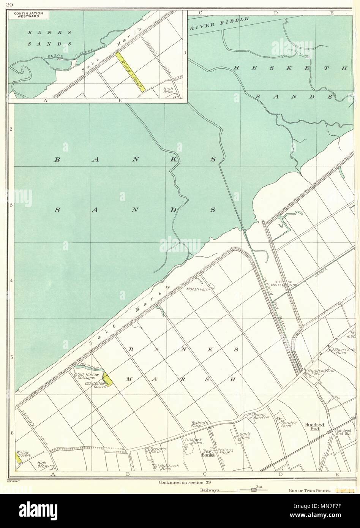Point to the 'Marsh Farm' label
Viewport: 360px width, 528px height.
point(196,289)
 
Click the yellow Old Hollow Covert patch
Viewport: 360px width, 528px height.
point(108,380)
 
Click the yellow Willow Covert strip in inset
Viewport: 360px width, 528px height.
point(130,71)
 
